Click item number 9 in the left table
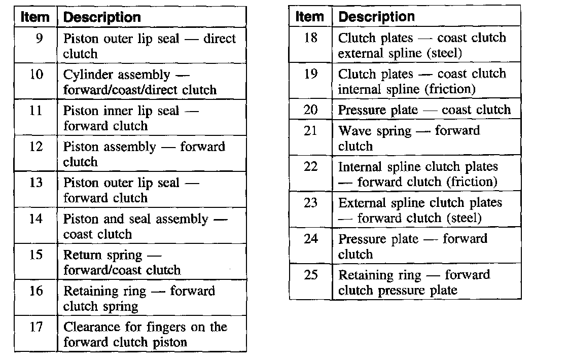(x=38, y=39)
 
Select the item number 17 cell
(x=36, y=327)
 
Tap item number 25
(x=311, y=275)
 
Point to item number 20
(x=311, y=110)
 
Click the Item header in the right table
(x=309, y=16)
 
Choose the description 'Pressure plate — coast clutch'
(x=424, y=110)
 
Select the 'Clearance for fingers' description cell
(x=145, y=334)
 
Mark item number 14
(x=36, y=219)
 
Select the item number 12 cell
(x=36, y=147)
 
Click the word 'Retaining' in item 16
(x=90, y=292)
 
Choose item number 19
(x=311, y=74)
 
